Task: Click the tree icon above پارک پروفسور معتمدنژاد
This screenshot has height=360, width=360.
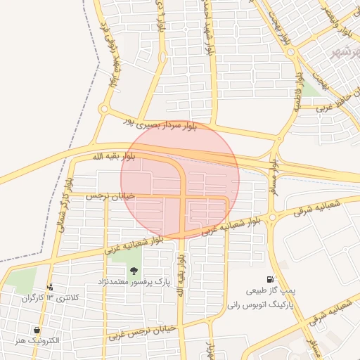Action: tap(134, 271)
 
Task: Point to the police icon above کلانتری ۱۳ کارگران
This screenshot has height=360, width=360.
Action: tap(50, 287)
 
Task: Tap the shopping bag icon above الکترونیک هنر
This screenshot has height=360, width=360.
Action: tap(36, 330)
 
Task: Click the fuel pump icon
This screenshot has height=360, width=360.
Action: tap(271, 280)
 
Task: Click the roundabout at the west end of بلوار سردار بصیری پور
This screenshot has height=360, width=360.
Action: tap(104, 109)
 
